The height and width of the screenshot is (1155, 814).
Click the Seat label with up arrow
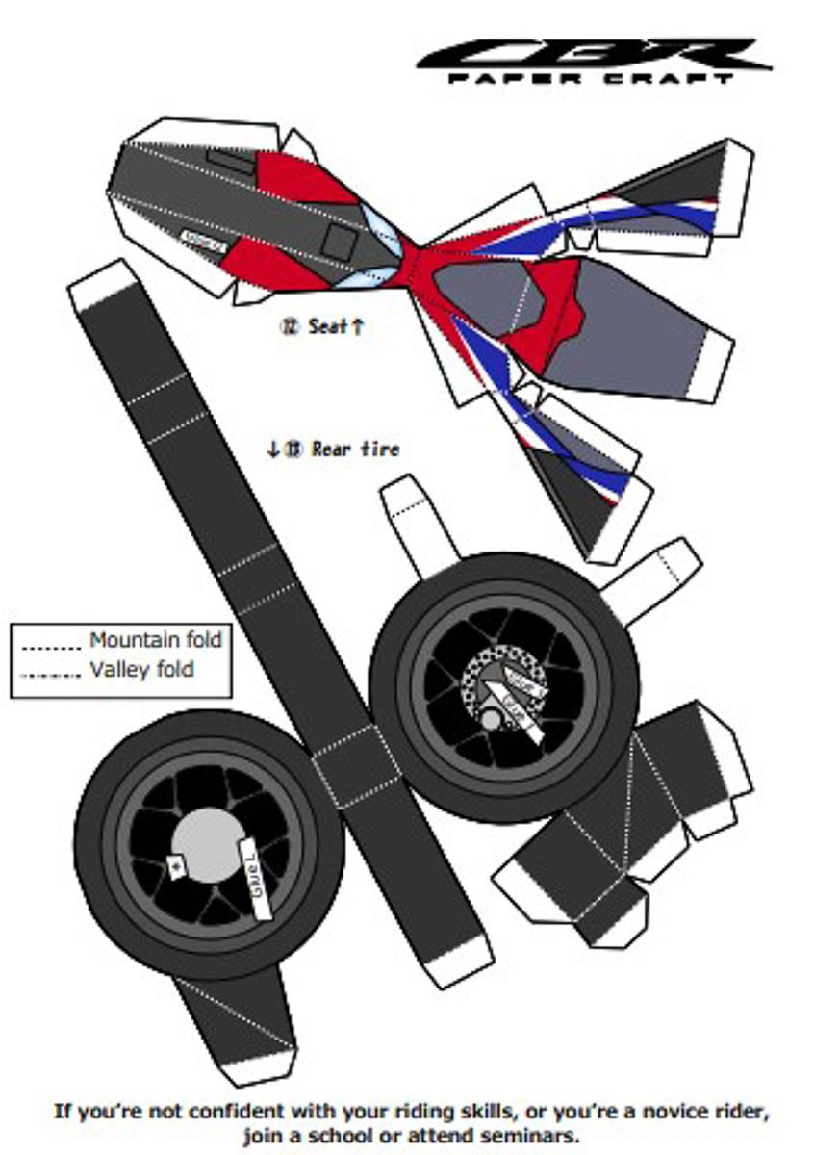coord(326,326)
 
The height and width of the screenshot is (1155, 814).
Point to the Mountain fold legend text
coord(156,639)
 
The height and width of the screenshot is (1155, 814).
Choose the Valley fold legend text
coord(142,669)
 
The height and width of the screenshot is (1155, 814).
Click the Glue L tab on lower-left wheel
coord(253,878)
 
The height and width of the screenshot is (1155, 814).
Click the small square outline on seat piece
coord(339,241)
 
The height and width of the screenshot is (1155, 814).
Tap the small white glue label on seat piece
coord(203,240)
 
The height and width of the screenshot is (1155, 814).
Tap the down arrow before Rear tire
coord(273,449)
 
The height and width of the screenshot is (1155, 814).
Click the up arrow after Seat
coord(358,326)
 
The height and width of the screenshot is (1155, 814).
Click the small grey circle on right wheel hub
coord(491,719)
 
